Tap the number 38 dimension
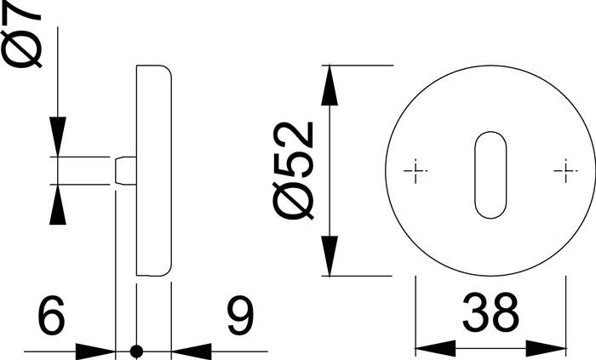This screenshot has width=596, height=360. click(490, 313)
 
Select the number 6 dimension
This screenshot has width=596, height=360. click(51, 317)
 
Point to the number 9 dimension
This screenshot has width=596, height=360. click(238, 317)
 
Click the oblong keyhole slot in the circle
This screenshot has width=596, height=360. click(489, 174)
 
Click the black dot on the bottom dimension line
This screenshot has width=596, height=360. click(135, 350)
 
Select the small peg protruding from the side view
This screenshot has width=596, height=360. click(123, 169)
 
